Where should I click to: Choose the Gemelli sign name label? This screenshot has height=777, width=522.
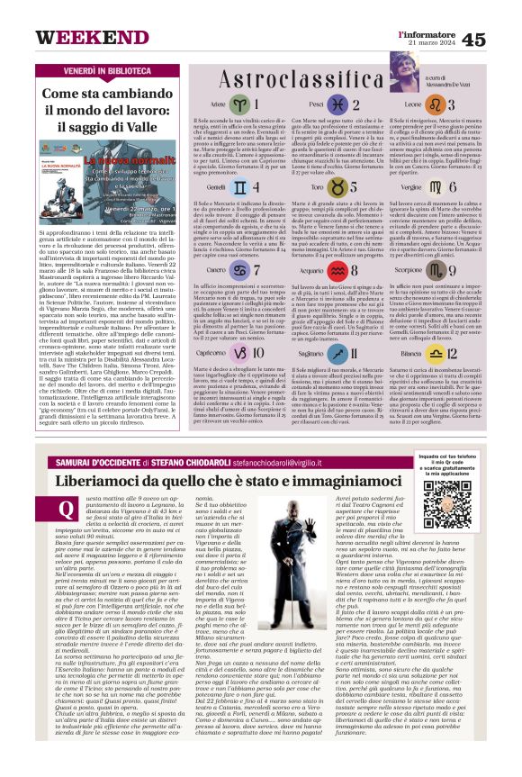[216, 186]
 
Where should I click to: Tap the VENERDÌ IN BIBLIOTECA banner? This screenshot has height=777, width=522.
[95, 69]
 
